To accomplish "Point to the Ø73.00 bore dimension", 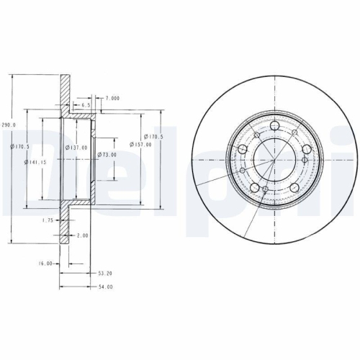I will (x=107, y=154).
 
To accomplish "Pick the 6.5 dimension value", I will (x=86, y=105).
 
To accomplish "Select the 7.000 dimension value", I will (x=112, y=97).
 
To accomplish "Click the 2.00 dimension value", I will (x=81, y=235).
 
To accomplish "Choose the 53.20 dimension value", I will (x=104, y=274).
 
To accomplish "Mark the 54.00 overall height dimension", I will (x=104, y=287).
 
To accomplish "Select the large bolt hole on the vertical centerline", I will (x=274, y=127).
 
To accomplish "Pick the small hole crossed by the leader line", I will (x=264, y=191).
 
